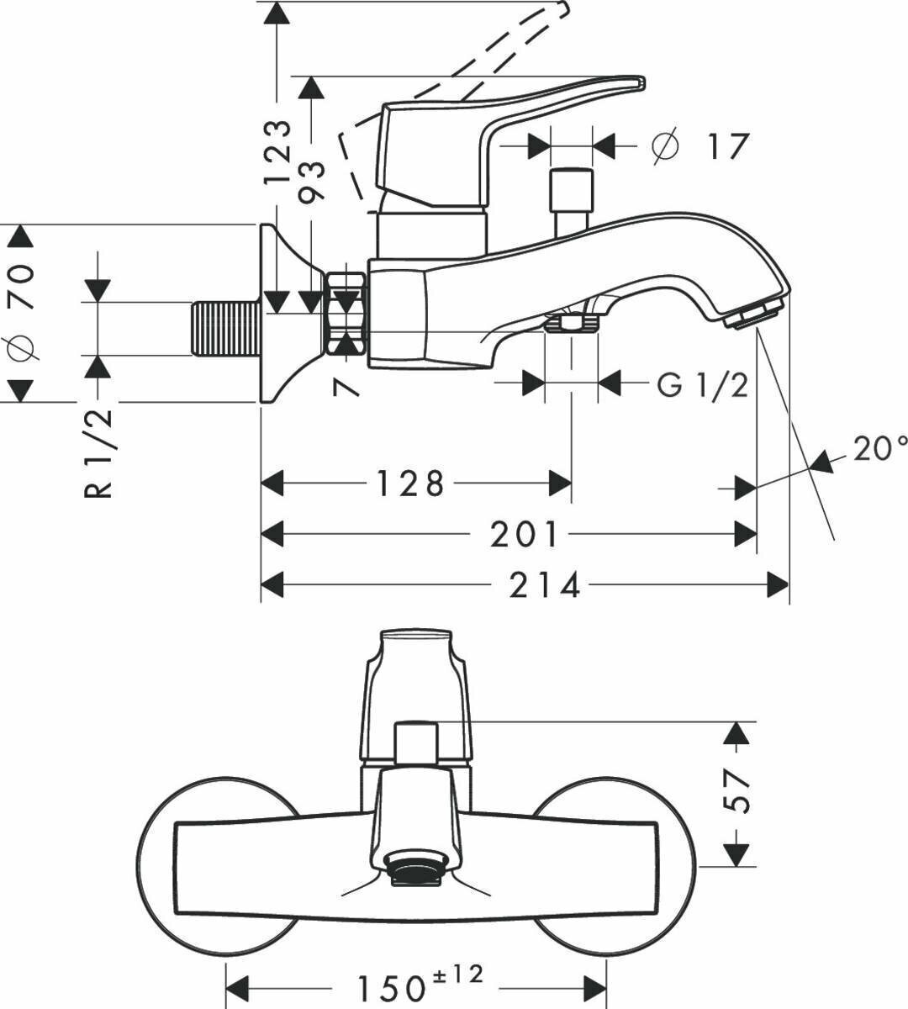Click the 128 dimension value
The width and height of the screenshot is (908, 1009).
click(409, 484)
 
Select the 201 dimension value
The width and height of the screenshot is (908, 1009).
click(524, 535)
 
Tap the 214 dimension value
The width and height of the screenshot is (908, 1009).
click(545, 585)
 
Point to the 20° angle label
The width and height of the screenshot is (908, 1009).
click(880, 449)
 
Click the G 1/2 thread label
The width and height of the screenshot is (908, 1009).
click(703, 385)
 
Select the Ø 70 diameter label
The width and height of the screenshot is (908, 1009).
click(23, 311)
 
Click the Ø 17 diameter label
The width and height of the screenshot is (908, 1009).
click(699, 146)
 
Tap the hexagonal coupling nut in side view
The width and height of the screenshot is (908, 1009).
click(346, 311)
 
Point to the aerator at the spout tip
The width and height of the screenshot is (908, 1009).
click(754, 314)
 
